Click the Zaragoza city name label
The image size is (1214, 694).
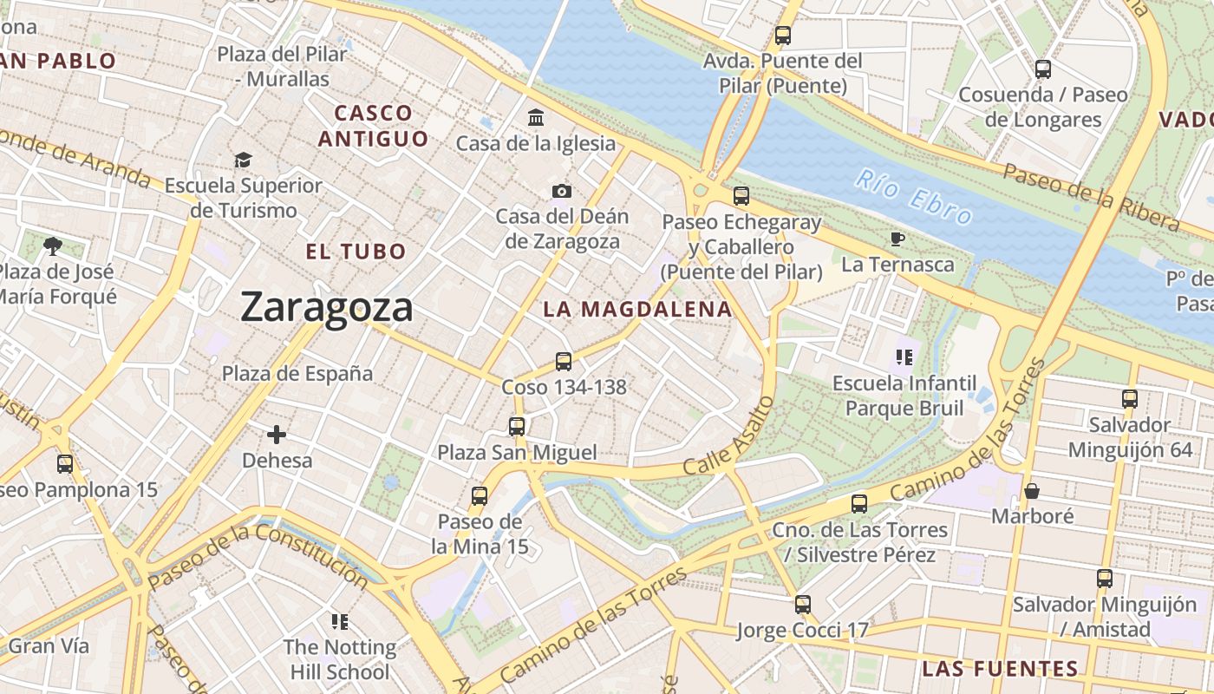tap(326, 307)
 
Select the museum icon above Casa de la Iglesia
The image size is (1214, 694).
tap(536, 117)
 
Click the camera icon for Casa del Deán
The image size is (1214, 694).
tap(562, 191)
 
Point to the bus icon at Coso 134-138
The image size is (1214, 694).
tap(564, 361)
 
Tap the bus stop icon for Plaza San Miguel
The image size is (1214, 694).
tap(517, 426)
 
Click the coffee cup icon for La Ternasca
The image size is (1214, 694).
tap(897, 239)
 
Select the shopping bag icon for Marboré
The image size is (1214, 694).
tap(1032, 491)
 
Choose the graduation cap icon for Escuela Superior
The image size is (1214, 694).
tap(243, 160)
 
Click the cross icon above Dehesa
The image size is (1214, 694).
tap(277, 434)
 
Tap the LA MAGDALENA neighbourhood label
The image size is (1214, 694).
tap(637, 309)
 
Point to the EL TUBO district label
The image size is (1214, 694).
tap(356, 252)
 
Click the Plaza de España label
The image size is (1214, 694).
tap(297, 374)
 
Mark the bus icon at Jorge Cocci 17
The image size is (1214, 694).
tap(803, 604)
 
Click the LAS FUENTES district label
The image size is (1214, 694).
tap(1000, 669)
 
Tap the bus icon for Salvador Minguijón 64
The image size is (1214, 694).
tap(1130, 399)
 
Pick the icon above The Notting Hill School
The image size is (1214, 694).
tap(340, 621)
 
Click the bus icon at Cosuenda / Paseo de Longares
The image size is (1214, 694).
tap(1043, 69)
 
